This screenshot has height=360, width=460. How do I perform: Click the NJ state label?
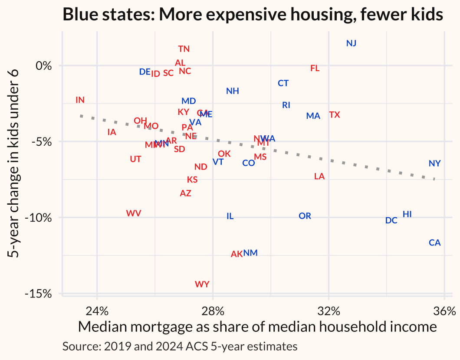click(351, 43)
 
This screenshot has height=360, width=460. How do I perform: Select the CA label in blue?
click(434, 242)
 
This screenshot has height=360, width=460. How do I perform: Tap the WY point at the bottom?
click(202, 284)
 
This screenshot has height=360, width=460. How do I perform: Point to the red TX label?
click(334, 115)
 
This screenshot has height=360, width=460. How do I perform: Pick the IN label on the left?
click(80, 100)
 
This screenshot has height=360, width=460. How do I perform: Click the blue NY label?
click(434, 164)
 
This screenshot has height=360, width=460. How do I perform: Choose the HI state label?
click(407, 214)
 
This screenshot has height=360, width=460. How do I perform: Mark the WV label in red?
click(134, 213)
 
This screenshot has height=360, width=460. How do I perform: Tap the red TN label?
click(184, 49)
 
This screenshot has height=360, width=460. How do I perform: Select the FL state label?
click(315, 68)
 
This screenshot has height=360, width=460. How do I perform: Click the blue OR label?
click(305, 216)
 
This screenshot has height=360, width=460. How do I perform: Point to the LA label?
click(319, 176)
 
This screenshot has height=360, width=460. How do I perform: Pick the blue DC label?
click(391, 220)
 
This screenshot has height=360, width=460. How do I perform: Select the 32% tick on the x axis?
click(329, 311)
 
